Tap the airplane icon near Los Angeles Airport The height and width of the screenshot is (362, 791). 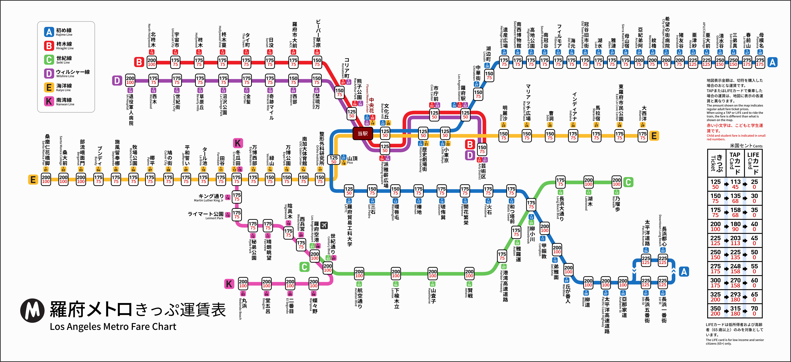point(324,225)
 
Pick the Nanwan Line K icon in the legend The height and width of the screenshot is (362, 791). point(49,101)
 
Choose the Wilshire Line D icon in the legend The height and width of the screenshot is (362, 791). point(49,73)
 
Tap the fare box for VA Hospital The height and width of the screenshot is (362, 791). point(130,80)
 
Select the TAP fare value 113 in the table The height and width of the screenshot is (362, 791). point(735,182)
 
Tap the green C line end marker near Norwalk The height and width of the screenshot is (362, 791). point(628,182)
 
